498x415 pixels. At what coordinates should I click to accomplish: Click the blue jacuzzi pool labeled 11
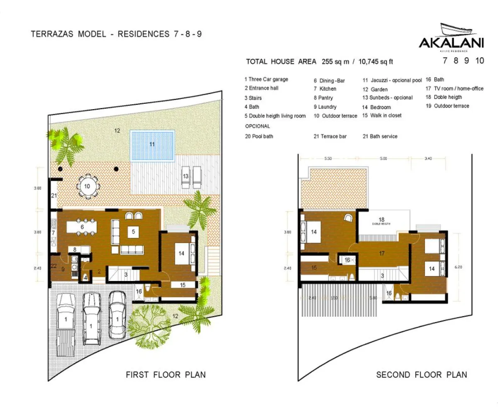(x=152, y=145)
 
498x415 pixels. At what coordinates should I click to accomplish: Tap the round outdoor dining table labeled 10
(x=88, y=187)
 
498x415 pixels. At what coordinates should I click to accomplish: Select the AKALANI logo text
(x=451, y=43)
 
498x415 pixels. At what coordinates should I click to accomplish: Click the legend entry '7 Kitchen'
(x=325, y=89)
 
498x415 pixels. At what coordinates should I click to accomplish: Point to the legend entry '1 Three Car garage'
(x=266, y=79)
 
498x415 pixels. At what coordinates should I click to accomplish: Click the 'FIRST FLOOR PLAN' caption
(x=166, y=375)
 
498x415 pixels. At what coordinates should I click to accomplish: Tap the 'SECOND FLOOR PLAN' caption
(x=421, y=375)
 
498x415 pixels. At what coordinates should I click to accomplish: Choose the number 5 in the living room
(x=133, y=232)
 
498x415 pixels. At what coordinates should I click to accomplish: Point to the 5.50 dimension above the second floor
(x=327, y=159)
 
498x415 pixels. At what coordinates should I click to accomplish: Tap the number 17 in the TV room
(x=382, y=253)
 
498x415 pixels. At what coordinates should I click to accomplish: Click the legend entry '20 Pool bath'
(x=259, y=136)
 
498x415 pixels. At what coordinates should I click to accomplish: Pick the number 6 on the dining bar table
(x=82, y=227)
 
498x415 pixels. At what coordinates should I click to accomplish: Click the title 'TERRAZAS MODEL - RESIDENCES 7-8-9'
(x=116, y=34)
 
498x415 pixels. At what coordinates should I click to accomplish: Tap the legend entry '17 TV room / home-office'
(x=454, y=88)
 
